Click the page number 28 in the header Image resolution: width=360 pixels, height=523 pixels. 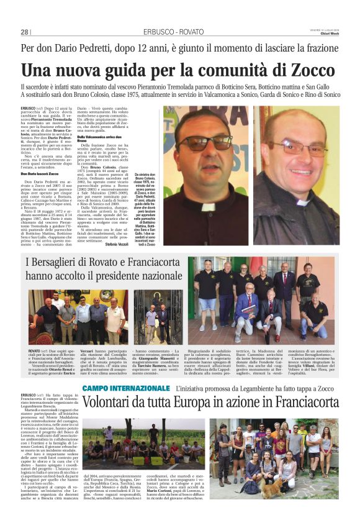[25, 32]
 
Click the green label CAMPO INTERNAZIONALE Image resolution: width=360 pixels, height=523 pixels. [125, 371]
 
